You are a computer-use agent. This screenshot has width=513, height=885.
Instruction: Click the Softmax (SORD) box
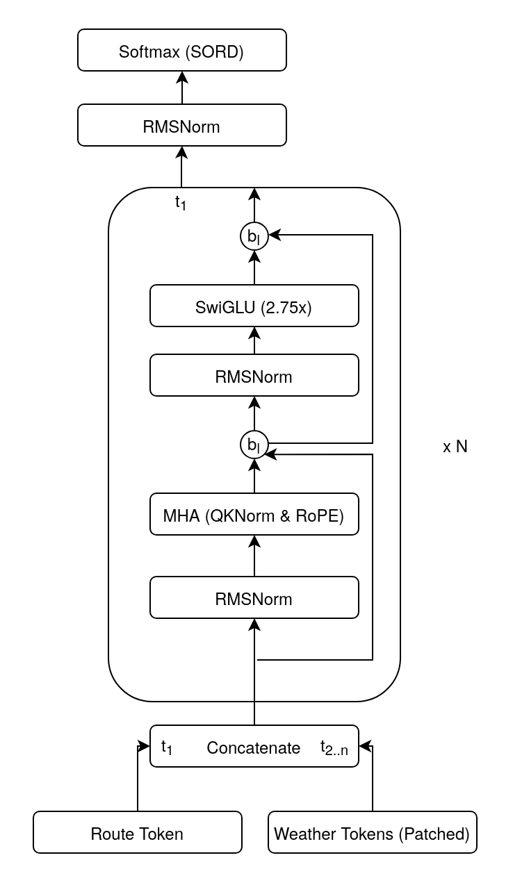[x=181, y=50]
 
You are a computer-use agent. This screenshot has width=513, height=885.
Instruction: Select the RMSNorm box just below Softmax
[x=181, y=125]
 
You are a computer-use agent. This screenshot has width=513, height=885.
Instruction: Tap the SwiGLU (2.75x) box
[x=254, y=306]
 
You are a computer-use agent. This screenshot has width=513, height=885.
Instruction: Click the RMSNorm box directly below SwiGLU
[x=254, y=375]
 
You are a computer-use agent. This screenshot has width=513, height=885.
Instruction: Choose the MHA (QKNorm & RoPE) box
[x=254, y=514]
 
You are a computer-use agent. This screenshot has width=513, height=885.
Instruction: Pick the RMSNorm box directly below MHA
[x=254, y=597]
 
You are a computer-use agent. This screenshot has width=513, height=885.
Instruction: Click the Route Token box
[x=137, y=832]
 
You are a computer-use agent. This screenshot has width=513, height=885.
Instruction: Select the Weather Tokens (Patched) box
[x=372, y=832]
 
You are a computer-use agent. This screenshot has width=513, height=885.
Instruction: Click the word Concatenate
[x=254, y=747]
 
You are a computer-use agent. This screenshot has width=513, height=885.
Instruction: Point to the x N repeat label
[x=455, y=447]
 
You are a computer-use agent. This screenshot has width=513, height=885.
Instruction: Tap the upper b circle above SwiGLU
[x=254, y=236]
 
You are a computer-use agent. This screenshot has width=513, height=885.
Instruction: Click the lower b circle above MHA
[x=254, y=445]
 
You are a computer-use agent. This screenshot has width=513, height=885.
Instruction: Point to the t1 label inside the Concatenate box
[x=167, y=747]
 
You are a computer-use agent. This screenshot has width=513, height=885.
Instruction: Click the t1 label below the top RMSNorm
[x=181, y=203]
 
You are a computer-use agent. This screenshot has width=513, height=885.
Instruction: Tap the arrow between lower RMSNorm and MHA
[x=254, y=556]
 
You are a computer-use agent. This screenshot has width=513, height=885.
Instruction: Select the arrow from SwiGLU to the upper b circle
[x=254, y=267]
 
